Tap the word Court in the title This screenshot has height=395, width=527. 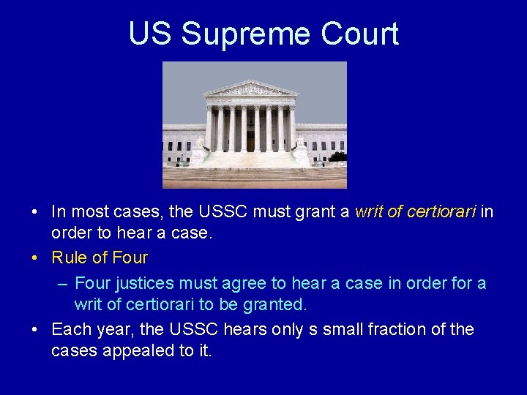pyautogui.click(x=362, y=34)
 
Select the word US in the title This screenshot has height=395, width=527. pyautogui.click(x=151, y=34)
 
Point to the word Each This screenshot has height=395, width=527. pyautogui.click(x=69, y=330)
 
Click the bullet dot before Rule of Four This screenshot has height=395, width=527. pyautogui.click(x=36, y=258)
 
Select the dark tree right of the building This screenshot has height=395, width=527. pyautogui.click(x=337, y=156)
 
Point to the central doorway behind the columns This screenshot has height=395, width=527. pyautogui.click(x=250, y=139)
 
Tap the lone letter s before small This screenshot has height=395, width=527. pyautogui.click(x=312, y=330)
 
